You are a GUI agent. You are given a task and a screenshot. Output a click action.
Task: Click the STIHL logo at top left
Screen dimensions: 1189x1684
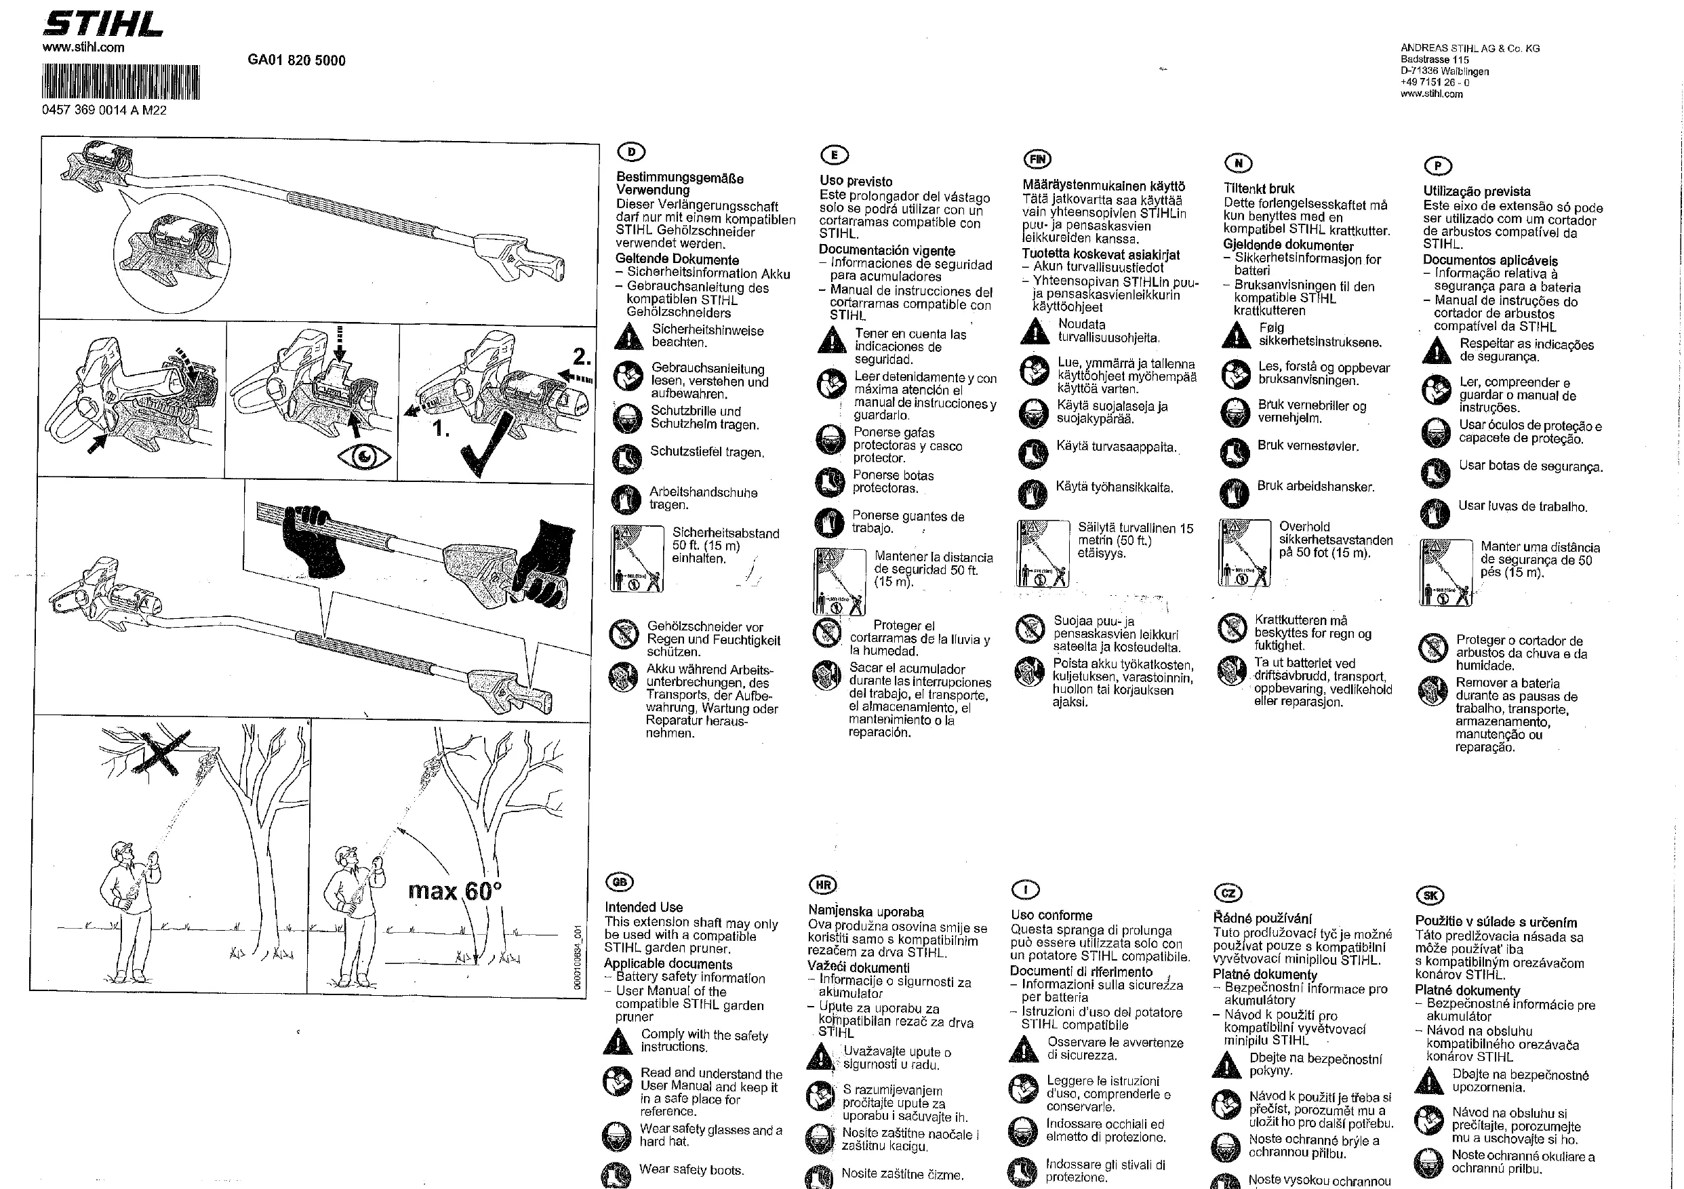pyautogui.click(x=102, y=24)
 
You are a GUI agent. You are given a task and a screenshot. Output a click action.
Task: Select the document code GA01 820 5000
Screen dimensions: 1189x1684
pyautogui.click(x=296, y=60)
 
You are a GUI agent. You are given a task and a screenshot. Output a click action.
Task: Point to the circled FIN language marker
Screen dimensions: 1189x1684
pyautogui.click(x=1037, y=159)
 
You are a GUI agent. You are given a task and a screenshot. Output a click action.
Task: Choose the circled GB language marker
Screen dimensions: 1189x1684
pyautogui.click(x=620, y=882)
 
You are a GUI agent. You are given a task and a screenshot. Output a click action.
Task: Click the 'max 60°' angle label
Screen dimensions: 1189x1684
pyautogui.click(x=455, y=891)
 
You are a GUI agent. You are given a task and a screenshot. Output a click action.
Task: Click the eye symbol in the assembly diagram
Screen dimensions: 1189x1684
pyautogui.click(x=365, y=457)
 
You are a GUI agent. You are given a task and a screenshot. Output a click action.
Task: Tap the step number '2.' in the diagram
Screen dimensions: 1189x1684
pyautogui.click(x=582, y=357)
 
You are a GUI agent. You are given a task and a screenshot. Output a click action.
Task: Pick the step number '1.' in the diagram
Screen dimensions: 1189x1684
pyautogui.click(x=441, y=428)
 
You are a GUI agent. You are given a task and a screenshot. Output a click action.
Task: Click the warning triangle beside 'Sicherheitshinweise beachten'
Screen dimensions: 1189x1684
pyautogui.click(x=628, y=337)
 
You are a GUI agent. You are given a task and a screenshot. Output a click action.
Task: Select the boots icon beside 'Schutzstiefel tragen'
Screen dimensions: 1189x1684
pyautogui.click(x=626, y=458)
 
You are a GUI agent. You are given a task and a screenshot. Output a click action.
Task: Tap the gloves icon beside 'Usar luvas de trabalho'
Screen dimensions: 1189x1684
pyautogui.click(x=1435, y=512)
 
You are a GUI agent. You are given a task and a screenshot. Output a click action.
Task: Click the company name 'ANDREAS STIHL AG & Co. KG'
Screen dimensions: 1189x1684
pyautogui.click(x=1470, y=48)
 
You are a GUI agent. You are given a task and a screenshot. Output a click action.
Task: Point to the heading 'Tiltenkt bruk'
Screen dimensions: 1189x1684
pyautogui.click(x=1259, y=188)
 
